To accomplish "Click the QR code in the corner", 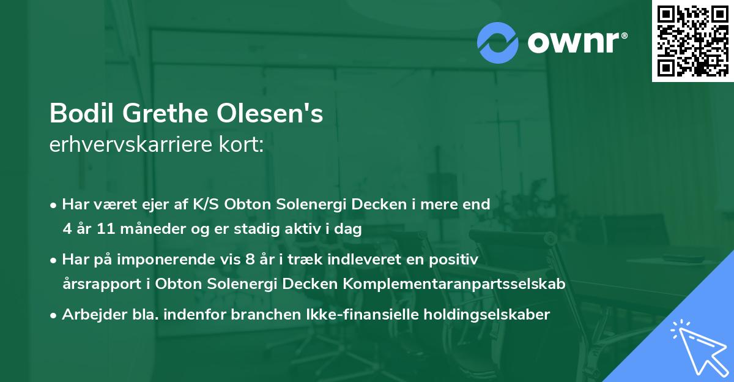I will click(x=692, y=41).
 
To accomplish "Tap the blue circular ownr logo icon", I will click(x=499, y=42).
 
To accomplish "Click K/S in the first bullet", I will click(x=207, y=204).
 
